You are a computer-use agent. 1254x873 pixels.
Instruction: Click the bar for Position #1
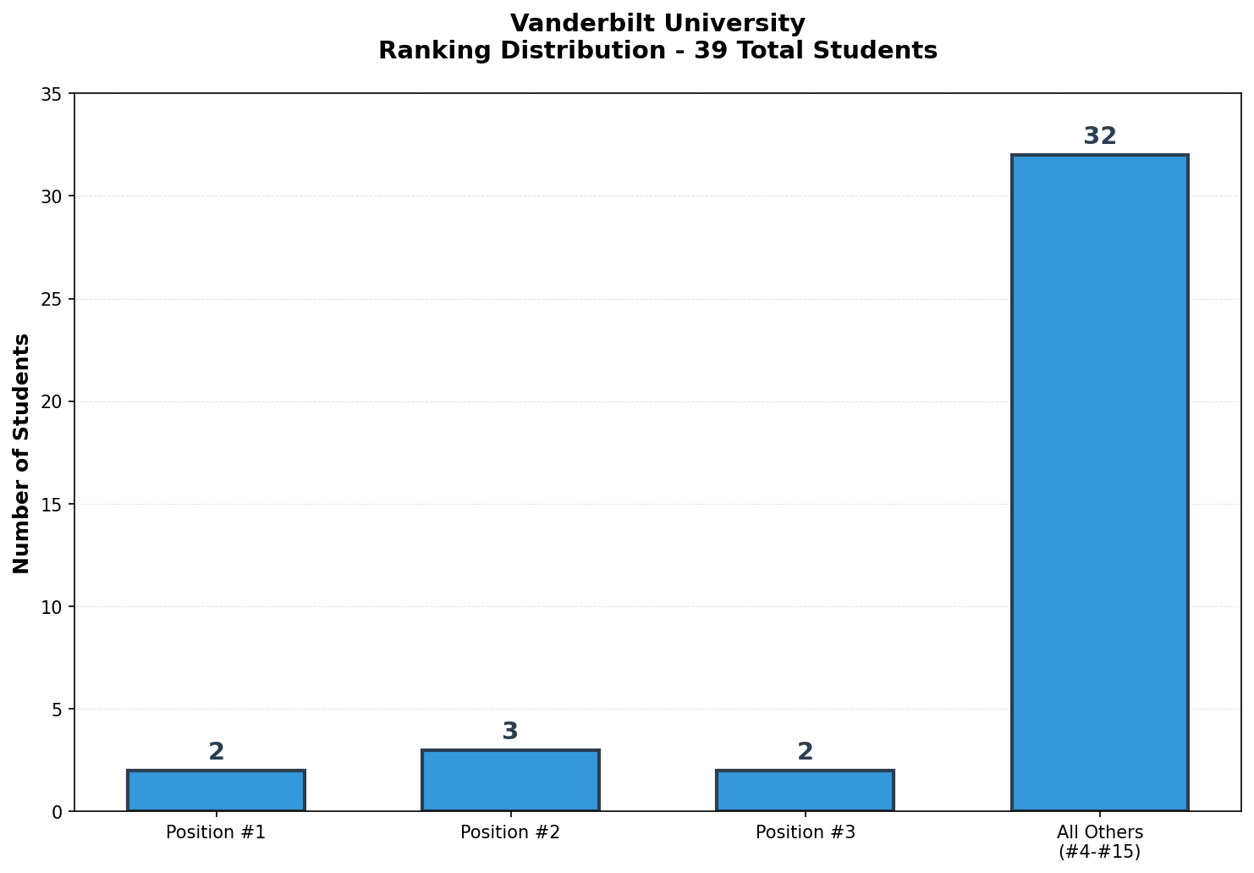pos(216,791)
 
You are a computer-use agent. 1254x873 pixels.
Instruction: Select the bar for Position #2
pos(510,781)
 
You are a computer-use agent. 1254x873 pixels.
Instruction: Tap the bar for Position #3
pos(805,791)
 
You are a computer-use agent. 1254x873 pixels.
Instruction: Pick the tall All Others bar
pos(1099,483)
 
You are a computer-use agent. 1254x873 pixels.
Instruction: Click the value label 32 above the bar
pos(1099,136)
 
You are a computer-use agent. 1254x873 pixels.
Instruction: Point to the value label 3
pos(510,732)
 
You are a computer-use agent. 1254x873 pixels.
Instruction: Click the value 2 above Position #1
pos(216,752)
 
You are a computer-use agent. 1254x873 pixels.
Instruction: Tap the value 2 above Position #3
pos(805,752)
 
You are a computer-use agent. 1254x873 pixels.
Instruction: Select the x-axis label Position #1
pos(216,832)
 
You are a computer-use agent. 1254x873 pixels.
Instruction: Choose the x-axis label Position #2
pos(510,832)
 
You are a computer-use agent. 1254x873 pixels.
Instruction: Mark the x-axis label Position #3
pos(805,832)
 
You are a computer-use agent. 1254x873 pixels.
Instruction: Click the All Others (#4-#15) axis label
pos(1099,842)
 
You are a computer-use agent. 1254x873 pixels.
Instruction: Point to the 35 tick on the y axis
pos(52,94)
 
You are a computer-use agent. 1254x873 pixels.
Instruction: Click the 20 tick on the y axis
pos(52,401)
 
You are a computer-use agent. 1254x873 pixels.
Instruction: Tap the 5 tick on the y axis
pos(57,709)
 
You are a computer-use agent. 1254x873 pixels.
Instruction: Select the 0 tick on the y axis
pos(57,812)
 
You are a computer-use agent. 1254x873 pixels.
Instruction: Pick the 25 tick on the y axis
pos(52,299)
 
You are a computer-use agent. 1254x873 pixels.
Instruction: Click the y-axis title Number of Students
pos(22,453)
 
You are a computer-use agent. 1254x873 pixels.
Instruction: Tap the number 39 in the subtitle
pos(707,51)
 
